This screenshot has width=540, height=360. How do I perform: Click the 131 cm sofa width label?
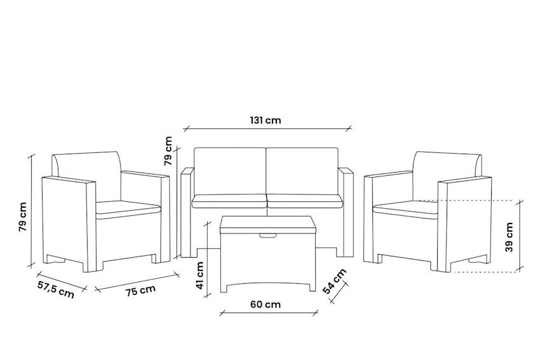[266, 120]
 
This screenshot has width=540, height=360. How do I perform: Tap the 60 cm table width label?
[266, 304]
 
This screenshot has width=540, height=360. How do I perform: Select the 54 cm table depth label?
[335, 281]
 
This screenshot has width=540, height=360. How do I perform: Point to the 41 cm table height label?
[200, 276]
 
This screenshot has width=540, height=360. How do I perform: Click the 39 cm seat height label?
[510, 237]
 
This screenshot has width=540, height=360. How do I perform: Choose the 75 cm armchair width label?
[140, 291]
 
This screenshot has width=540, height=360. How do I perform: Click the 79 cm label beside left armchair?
[23, 217]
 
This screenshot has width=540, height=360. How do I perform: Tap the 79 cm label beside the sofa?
[168, 151]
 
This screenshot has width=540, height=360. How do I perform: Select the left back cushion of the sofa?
[229, 171]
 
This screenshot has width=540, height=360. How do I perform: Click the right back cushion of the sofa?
[302, 171]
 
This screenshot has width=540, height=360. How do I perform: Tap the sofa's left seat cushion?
[229, 201]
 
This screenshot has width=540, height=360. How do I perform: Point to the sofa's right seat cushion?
[305, 201]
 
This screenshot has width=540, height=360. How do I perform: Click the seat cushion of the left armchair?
[127, 208]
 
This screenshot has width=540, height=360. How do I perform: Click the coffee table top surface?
[267, 223]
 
